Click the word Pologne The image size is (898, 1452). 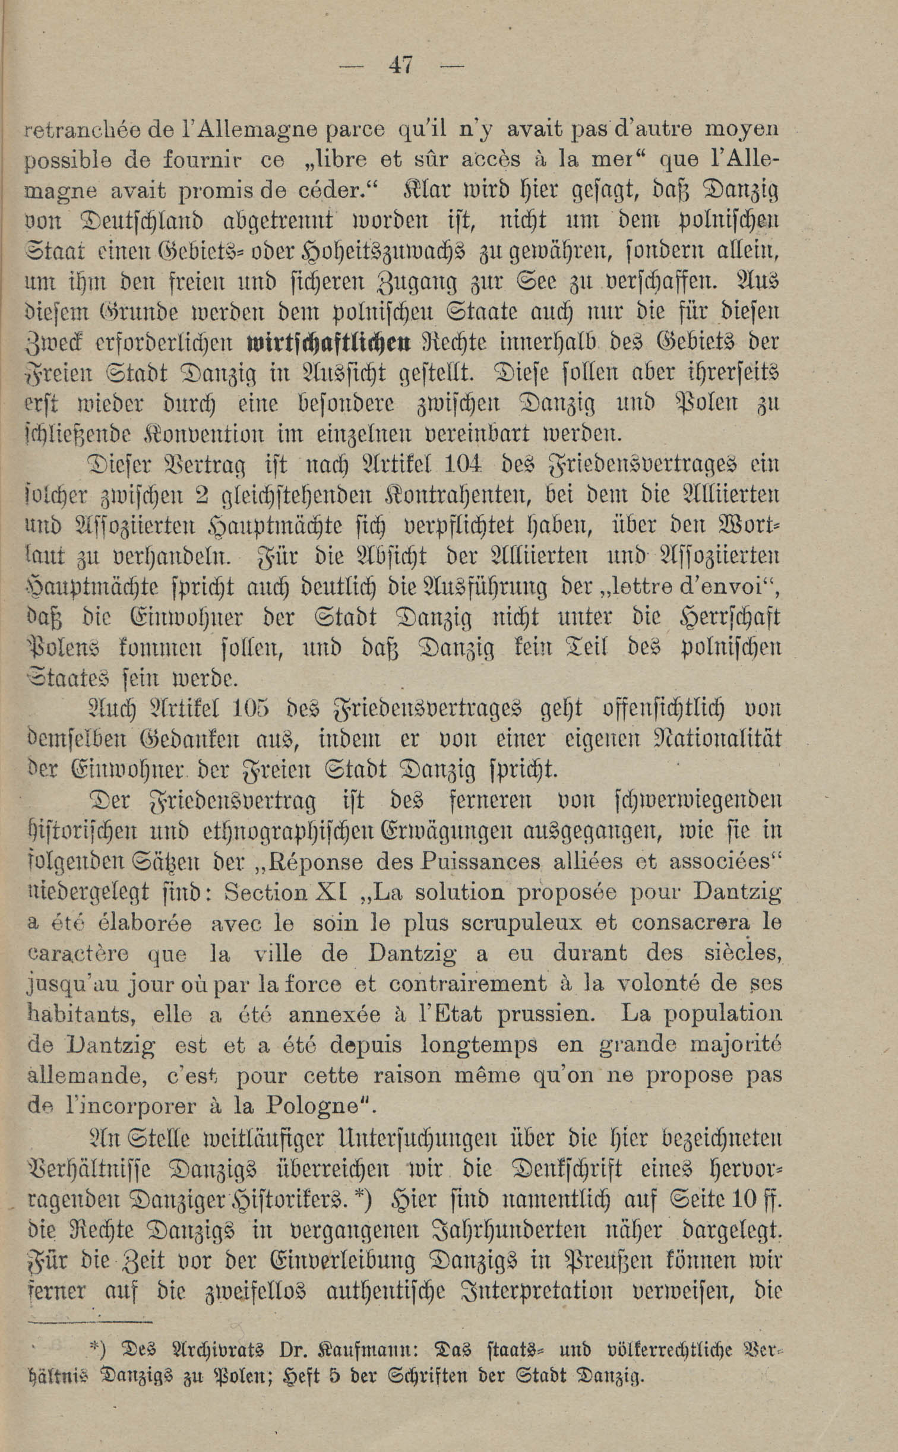click(314, 1105)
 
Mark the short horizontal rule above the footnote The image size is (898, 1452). click(90, 1321)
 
